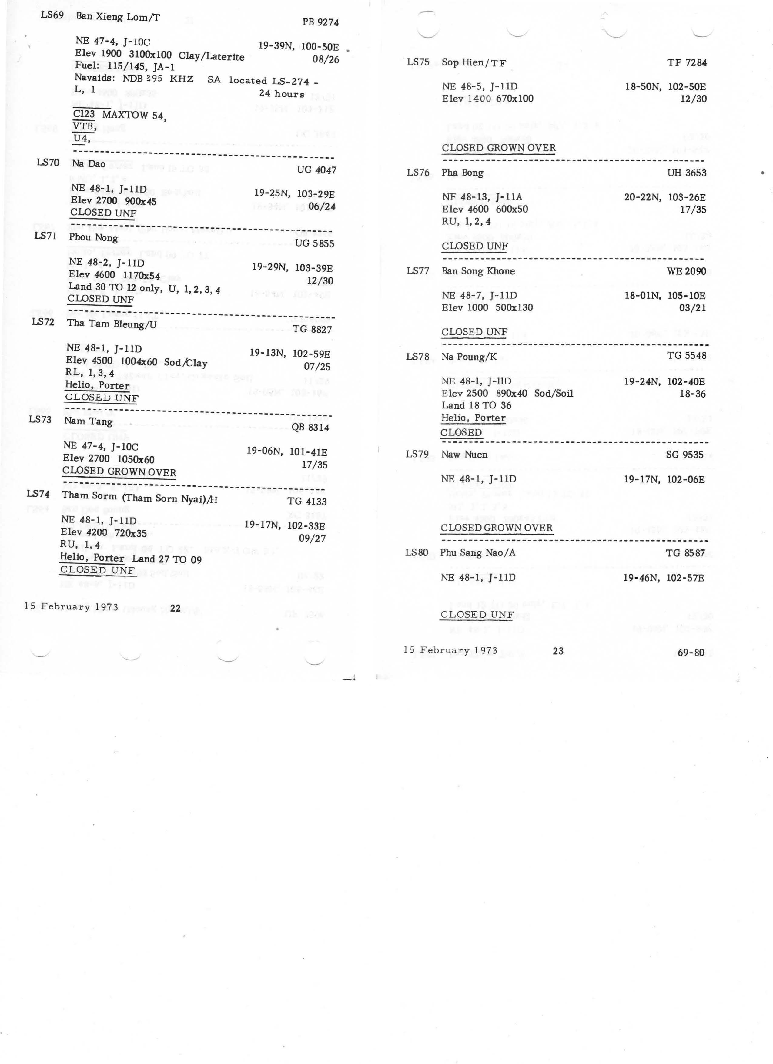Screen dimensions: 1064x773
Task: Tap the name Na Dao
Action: point(89,164)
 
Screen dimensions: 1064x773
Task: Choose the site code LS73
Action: point(40,419)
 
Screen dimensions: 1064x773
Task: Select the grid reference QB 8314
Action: point(310,427)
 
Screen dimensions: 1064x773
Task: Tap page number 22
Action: point(175,608)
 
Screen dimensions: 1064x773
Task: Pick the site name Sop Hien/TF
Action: point(474,62)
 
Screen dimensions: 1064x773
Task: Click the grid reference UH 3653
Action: point(686,173)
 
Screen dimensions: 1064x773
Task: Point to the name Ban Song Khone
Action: point(478,271)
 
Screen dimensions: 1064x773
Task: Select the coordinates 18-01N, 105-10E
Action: point(665,296)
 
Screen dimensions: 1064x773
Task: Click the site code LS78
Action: point(417,357)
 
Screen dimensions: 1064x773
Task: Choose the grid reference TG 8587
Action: point(685,553)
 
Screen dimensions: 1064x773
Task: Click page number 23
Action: point(558,651)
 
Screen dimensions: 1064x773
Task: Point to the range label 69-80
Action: point(691,652)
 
